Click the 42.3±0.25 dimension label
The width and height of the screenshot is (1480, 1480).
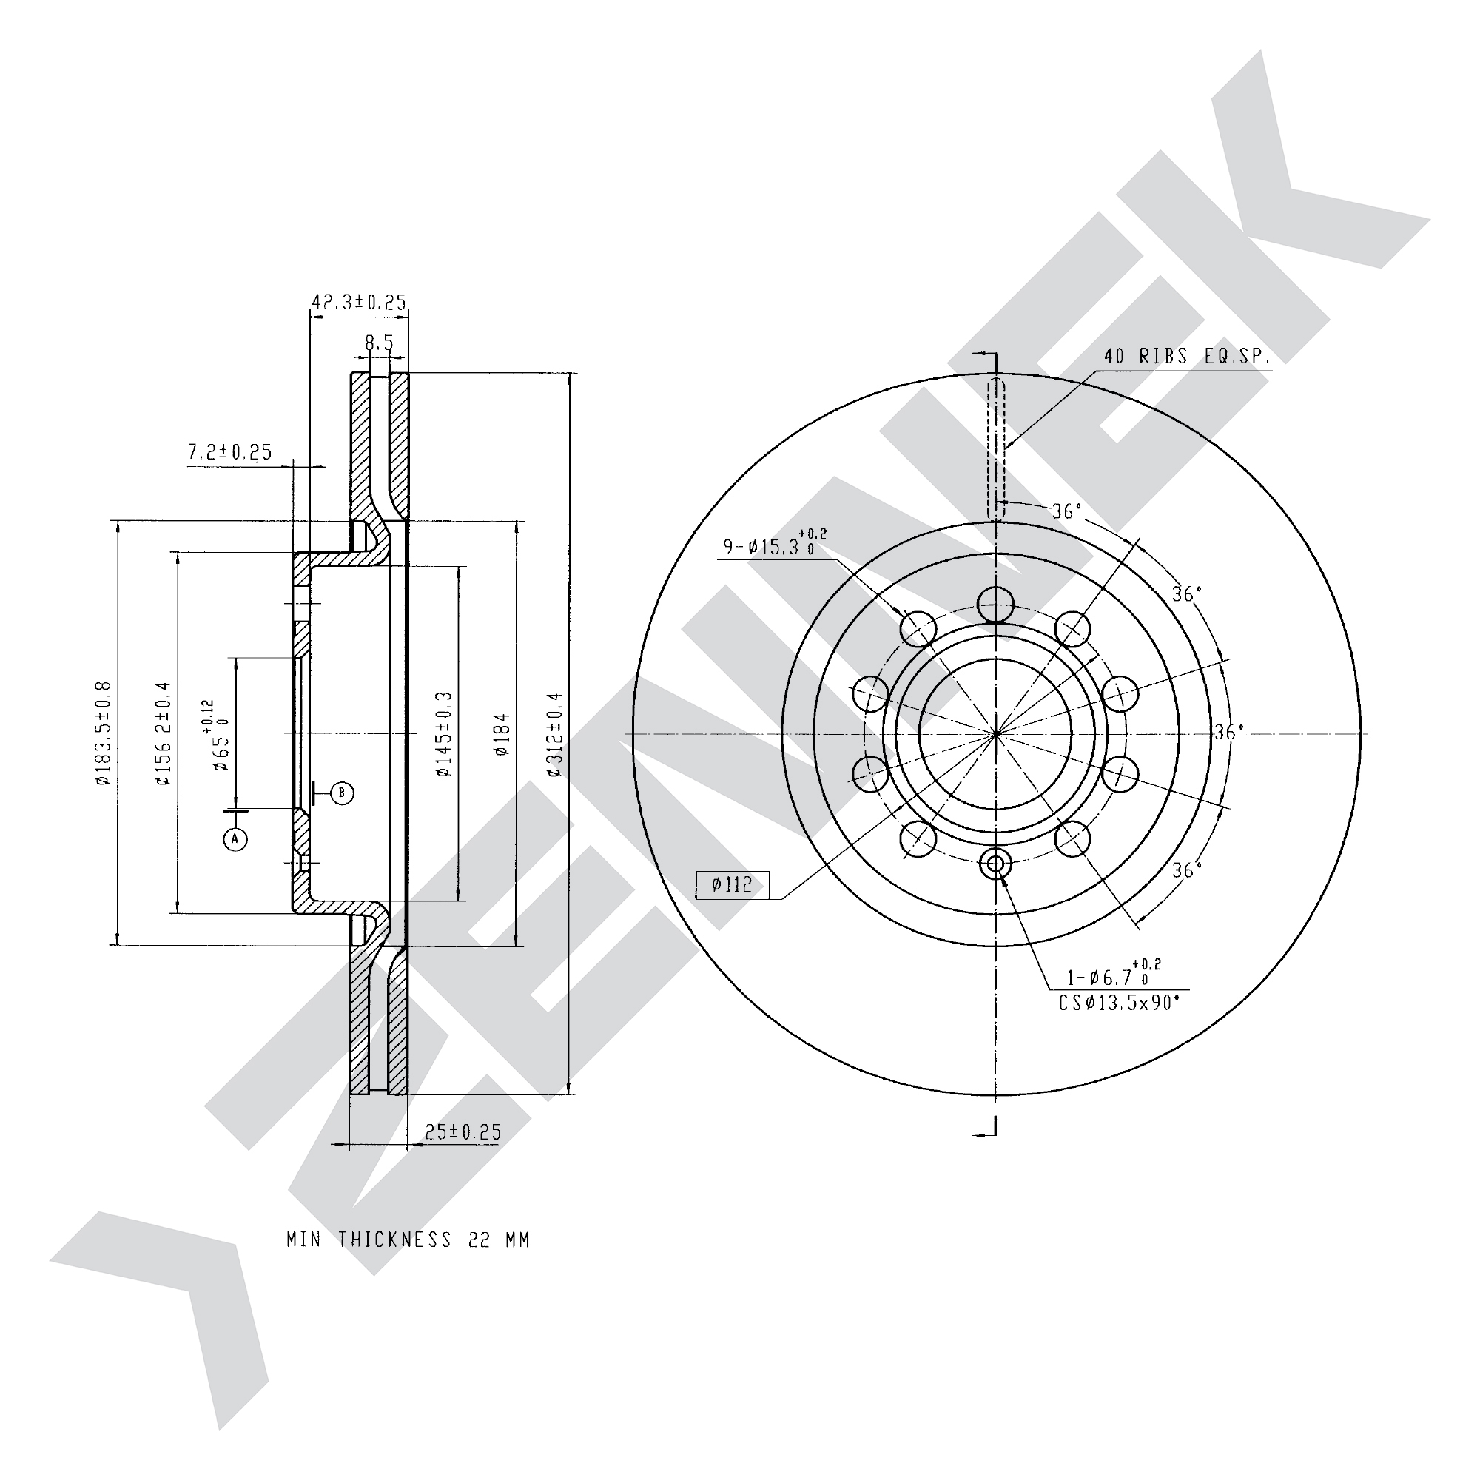(358, 302)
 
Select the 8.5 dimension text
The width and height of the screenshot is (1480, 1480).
(379, 344)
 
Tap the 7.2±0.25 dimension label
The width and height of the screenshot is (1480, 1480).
(230, 452)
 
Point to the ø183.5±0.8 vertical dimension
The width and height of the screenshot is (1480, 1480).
(104, 733)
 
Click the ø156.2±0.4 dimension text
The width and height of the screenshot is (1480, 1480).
(162, 733)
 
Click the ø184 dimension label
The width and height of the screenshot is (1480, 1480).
(502, 734)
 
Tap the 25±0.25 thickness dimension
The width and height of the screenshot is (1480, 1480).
(462, 1131)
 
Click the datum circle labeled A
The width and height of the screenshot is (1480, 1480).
(235, 840)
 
